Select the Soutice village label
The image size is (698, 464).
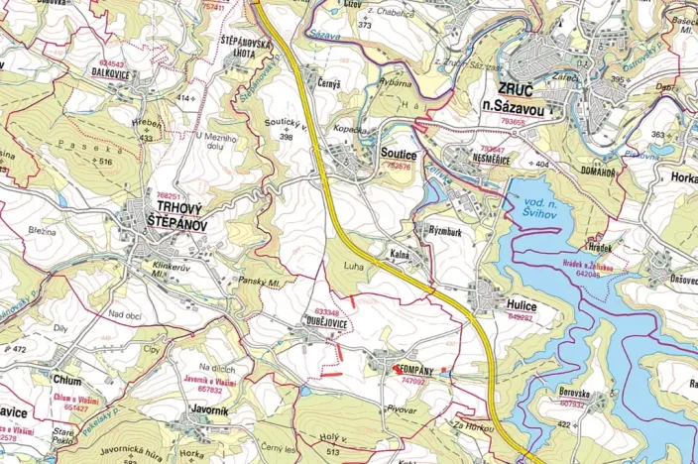coord(397,155)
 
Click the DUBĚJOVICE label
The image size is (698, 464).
coord(326,321)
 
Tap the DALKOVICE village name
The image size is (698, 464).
coord(111,73)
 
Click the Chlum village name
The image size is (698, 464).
coord(67,380)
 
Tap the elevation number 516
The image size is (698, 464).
coord(106,160)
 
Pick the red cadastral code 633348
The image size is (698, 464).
coord(326,310)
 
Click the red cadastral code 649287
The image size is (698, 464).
coord(521,318)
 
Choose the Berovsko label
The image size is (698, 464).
coord(572,394)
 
